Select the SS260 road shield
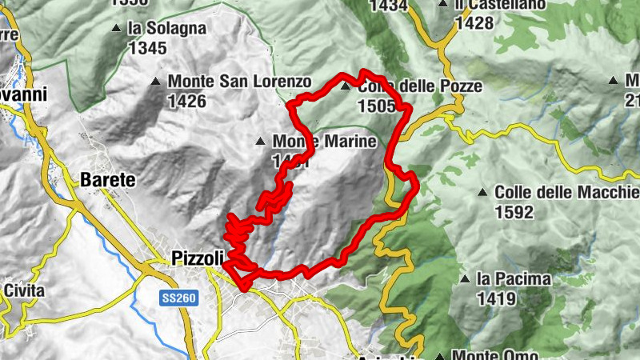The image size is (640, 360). (x=178, y=297)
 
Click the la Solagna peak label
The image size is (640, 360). (x=166, y=29)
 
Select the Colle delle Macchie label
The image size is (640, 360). (x=566, y=193)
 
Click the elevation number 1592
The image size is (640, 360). (x=514, y=212)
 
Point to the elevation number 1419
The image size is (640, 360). (x=494, y=298)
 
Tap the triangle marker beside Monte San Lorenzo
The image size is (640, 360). (x=155, y=82)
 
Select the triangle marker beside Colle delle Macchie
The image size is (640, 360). (x=482, y=193)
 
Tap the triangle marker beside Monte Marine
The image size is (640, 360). (x=259, y=142)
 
